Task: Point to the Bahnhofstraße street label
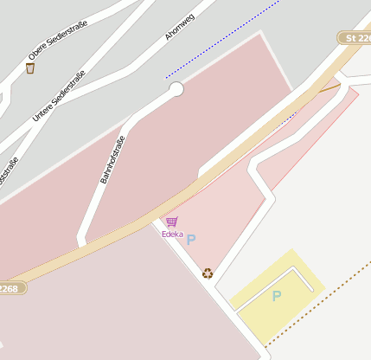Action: click(113, 159)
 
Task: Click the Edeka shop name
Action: click(172, 234)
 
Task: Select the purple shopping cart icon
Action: click(171, 222)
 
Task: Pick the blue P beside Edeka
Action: click(191, 240)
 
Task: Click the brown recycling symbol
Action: click(208, 273)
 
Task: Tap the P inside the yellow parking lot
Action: click(277, 296)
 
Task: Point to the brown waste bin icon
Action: click(31, 67)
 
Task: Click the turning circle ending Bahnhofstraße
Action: click(176, 89)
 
